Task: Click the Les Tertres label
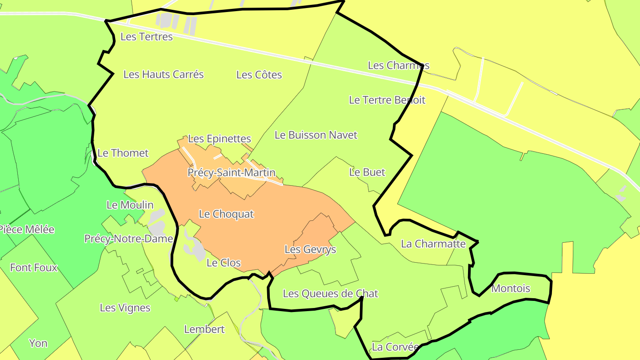coord(147,36)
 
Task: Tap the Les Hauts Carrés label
coord(164,74)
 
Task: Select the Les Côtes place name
coord(259,75)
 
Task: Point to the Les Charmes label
coord(399,65)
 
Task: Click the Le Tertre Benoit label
coord(387,100)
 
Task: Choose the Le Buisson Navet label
coord(316,135)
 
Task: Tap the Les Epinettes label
coord(220,139)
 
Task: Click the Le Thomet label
coord(123,153)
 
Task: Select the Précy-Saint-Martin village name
coord(232,172)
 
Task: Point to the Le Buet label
coord(367,172)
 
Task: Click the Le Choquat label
coord(226,214)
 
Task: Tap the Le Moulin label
coord(130,205)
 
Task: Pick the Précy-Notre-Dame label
coord(128,239)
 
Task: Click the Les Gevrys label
coord(310,249)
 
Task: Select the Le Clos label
coord(224,263)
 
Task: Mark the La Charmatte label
coord(433,244)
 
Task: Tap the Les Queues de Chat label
coord(331,293)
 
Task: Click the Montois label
coord(511,288)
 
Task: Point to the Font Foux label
coord(34,268)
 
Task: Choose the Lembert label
coord(204,329)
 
